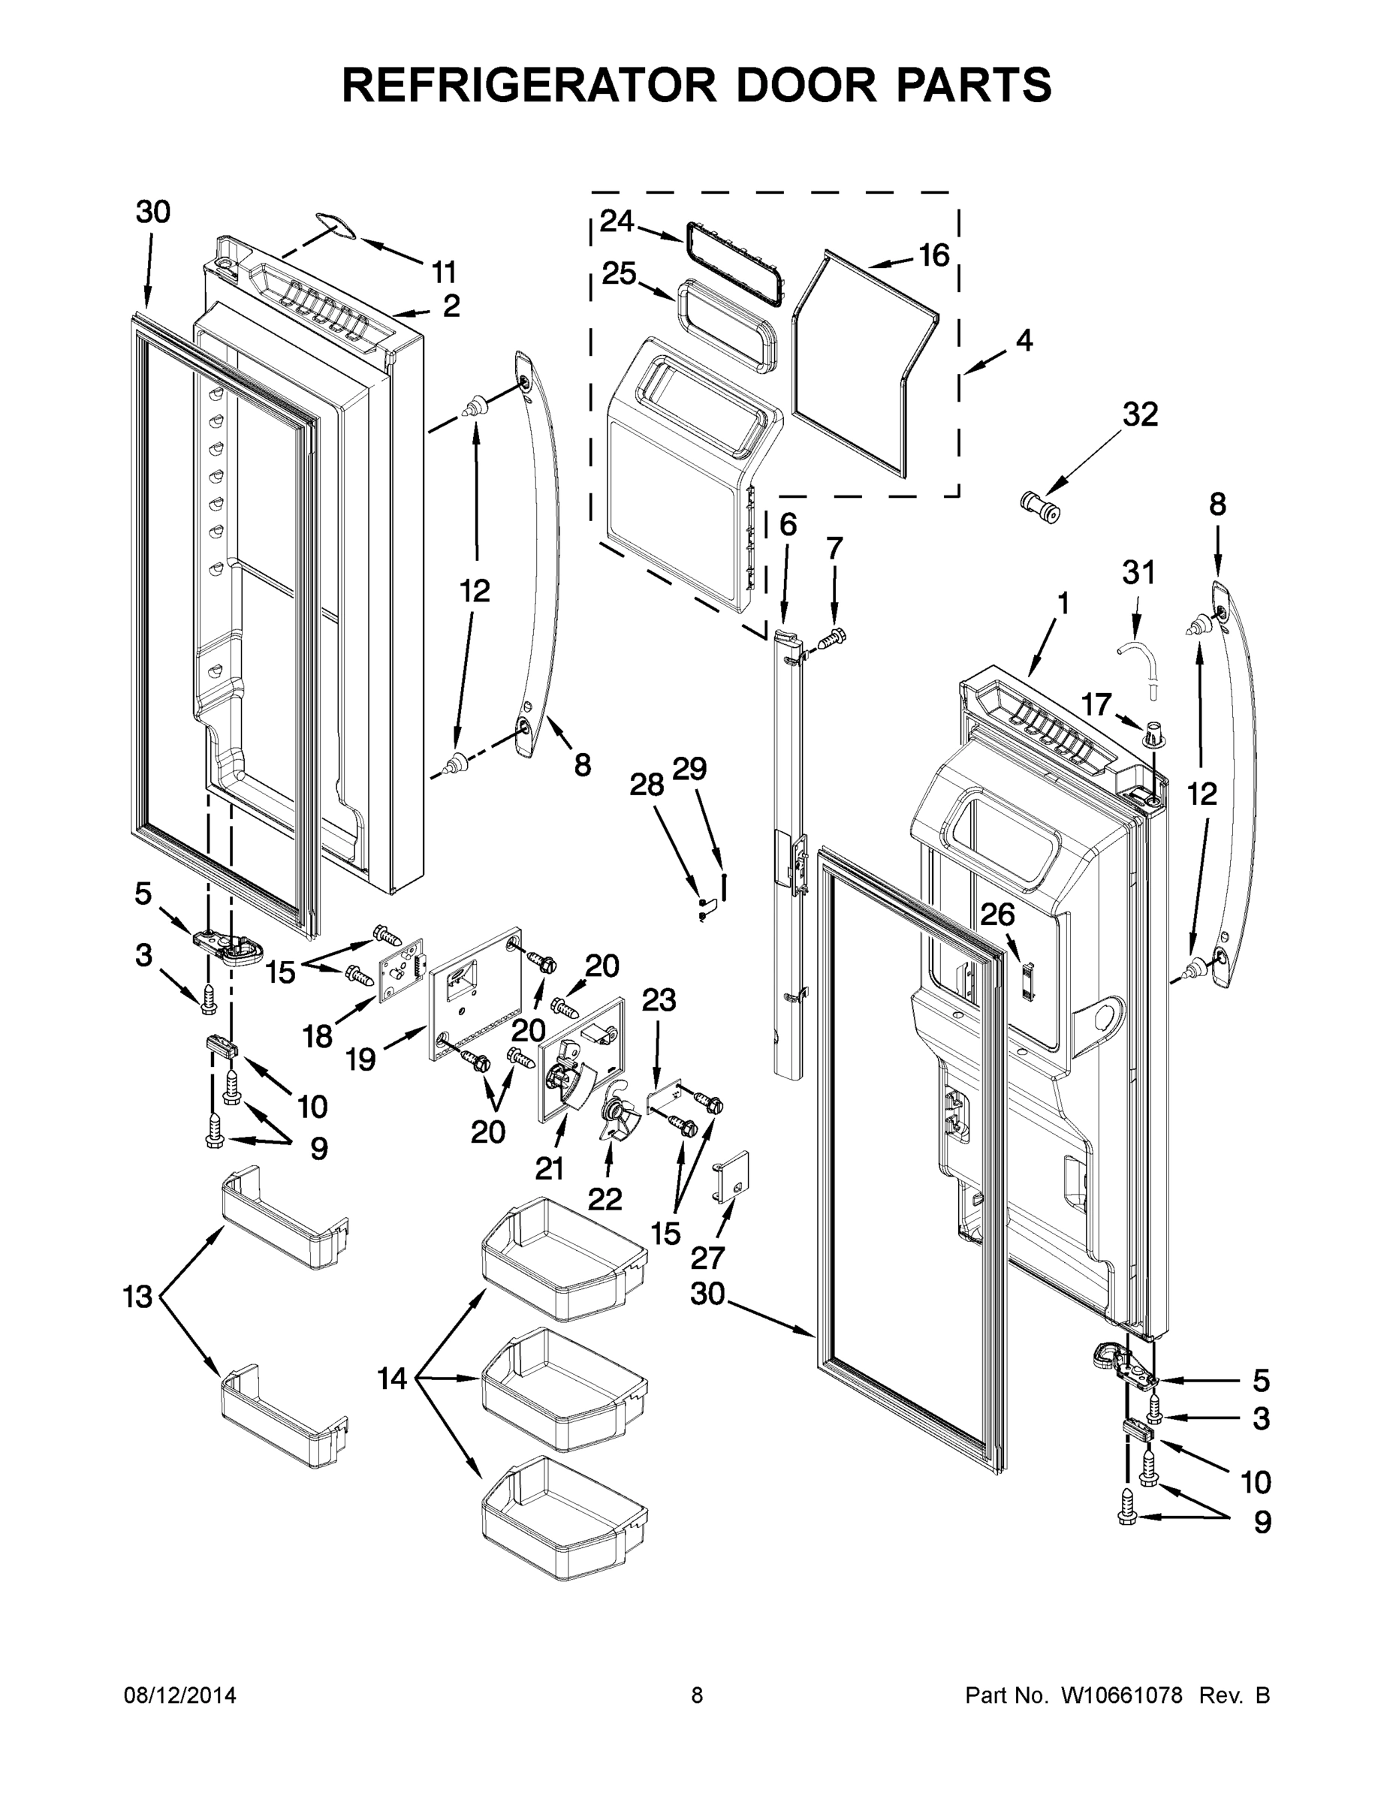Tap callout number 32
pos(1139,414)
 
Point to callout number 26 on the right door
pos(997,915)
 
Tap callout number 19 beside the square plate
pos(360,1059)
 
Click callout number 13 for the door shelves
pos(138,1297)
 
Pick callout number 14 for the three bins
pos(392,1378)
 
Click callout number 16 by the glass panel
pos(933,256)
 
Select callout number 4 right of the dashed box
pos(1024,340)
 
